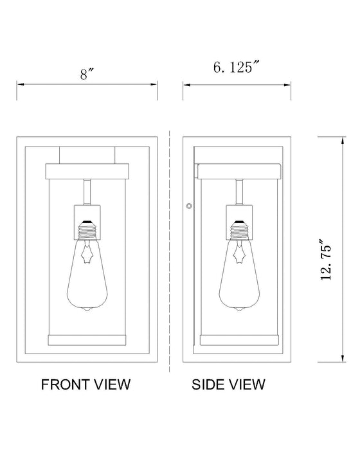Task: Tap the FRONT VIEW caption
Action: click(85, 384)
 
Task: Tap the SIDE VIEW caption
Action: click(228, 384)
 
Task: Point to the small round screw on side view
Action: click(189, 206)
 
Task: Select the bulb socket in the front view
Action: click(87, 216)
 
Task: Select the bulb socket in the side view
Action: click(239, 216)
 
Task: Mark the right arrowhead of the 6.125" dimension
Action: click(282, 84)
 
